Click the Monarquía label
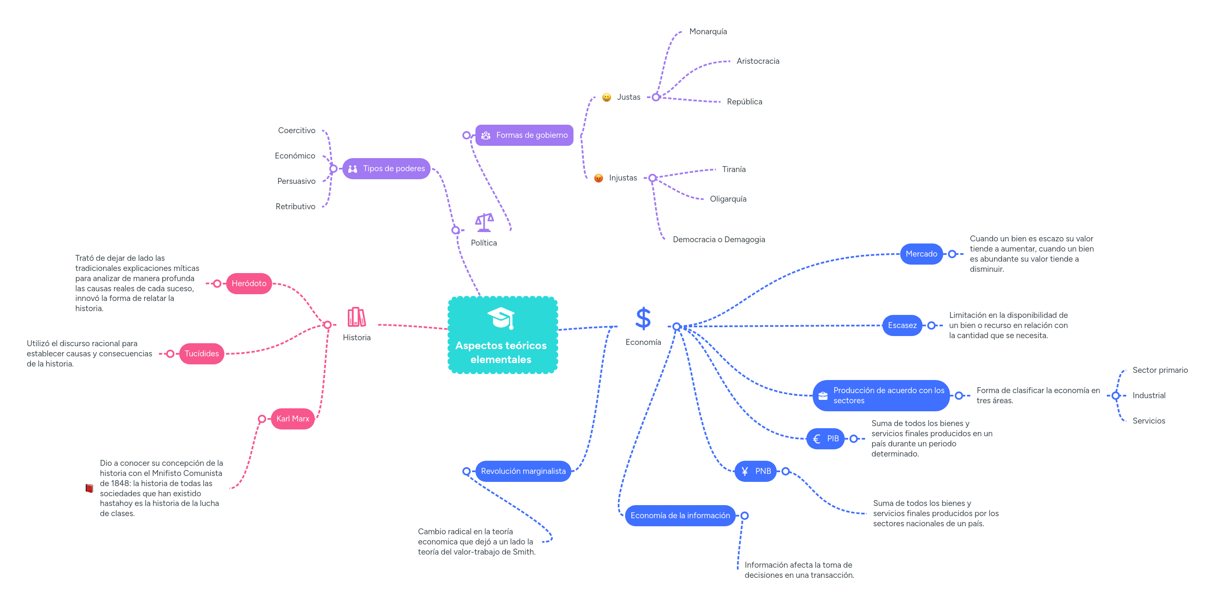707,32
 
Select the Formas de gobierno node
524,135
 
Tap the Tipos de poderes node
386,169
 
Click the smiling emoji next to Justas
606,98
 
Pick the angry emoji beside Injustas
598,178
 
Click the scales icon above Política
484,222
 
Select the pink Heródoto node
248,284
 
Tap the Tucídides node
202,354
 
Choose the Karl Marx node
292,419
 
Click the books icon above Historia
357,317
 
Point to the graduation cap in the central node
500,318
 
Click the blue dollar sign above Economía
643,319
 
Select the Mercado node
921,254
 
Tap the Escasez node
902,325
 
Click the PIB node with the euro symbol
825,439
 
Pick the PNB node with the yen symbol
755,471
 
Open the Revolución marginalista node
523,471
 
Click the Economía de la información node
680,516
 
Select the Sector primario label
1160,370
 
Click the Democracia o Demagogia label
718,240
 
